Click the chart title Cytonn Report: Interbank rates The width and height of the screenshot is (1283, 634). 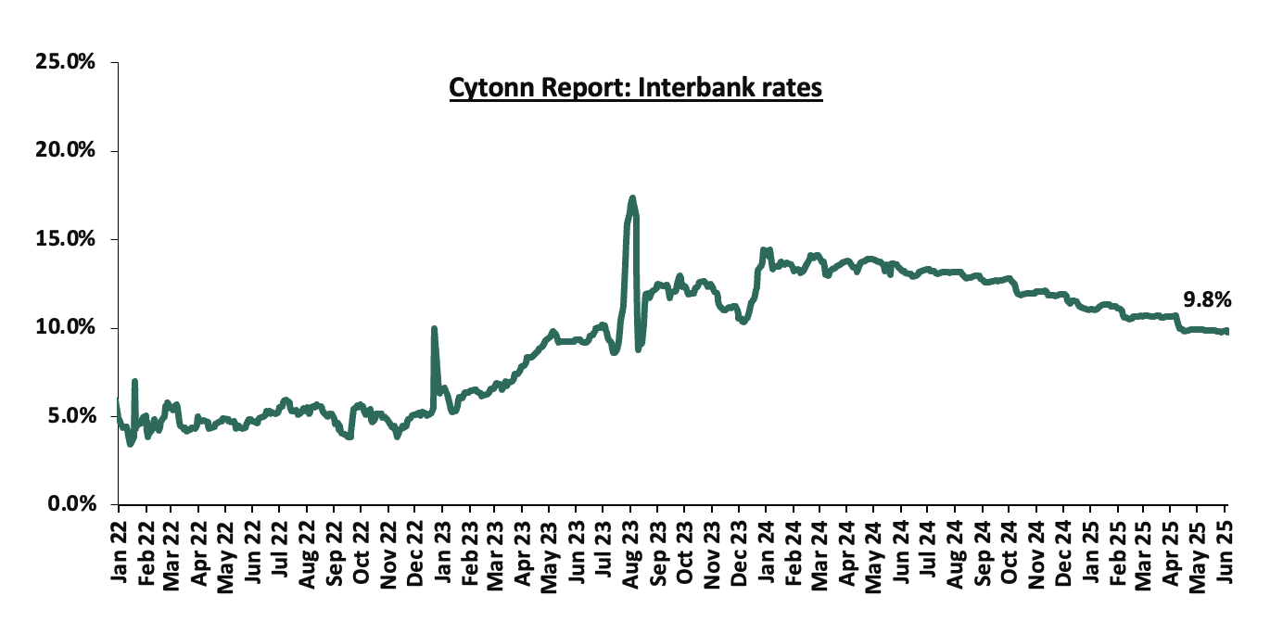coord(636,88)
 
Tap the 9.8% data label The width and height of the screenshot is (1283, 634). coord(1207,299)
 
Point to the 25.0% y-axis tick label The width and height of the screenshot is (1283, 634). coord(65,61)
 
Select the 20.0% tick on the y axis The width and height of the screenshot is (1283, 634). coord(65,150)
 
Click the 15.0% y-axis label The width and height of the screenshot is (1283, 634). coord(65,239)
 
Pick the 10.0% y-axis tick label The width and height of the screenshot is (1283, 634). coord(65,327)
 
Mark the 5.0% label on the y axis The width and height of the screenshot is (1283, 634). coord(71,416)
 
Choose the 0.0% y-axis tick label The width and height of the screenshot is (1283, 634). coord(71,504)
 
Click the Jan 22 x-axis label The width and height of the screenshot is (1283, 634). coord(119,552)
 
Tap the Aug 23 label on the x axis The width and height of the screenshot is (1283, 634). coord(630,554)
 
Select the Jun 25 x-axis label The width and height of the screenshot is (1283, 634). coord(1224,552)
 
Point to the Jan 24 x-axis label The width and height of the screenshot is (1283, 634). coord(766,552)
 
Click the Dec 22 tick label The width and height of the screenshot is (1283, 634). coord(414,553)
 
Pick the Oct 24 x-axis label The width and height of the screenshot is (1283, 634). coord(1009,552)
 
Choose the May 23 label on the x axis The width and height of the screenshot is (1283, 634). coord(550,556)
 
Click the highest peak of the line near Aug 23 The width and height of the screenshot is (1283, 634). coord(632,198)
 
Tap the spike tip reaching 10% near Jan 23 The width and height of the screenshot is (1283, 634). coord(434,328)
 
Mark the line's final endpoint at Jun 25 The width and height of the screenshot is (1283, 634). coord(1226,331)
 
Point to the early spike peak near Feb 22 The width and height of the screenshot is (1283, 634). coord(134,381)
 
